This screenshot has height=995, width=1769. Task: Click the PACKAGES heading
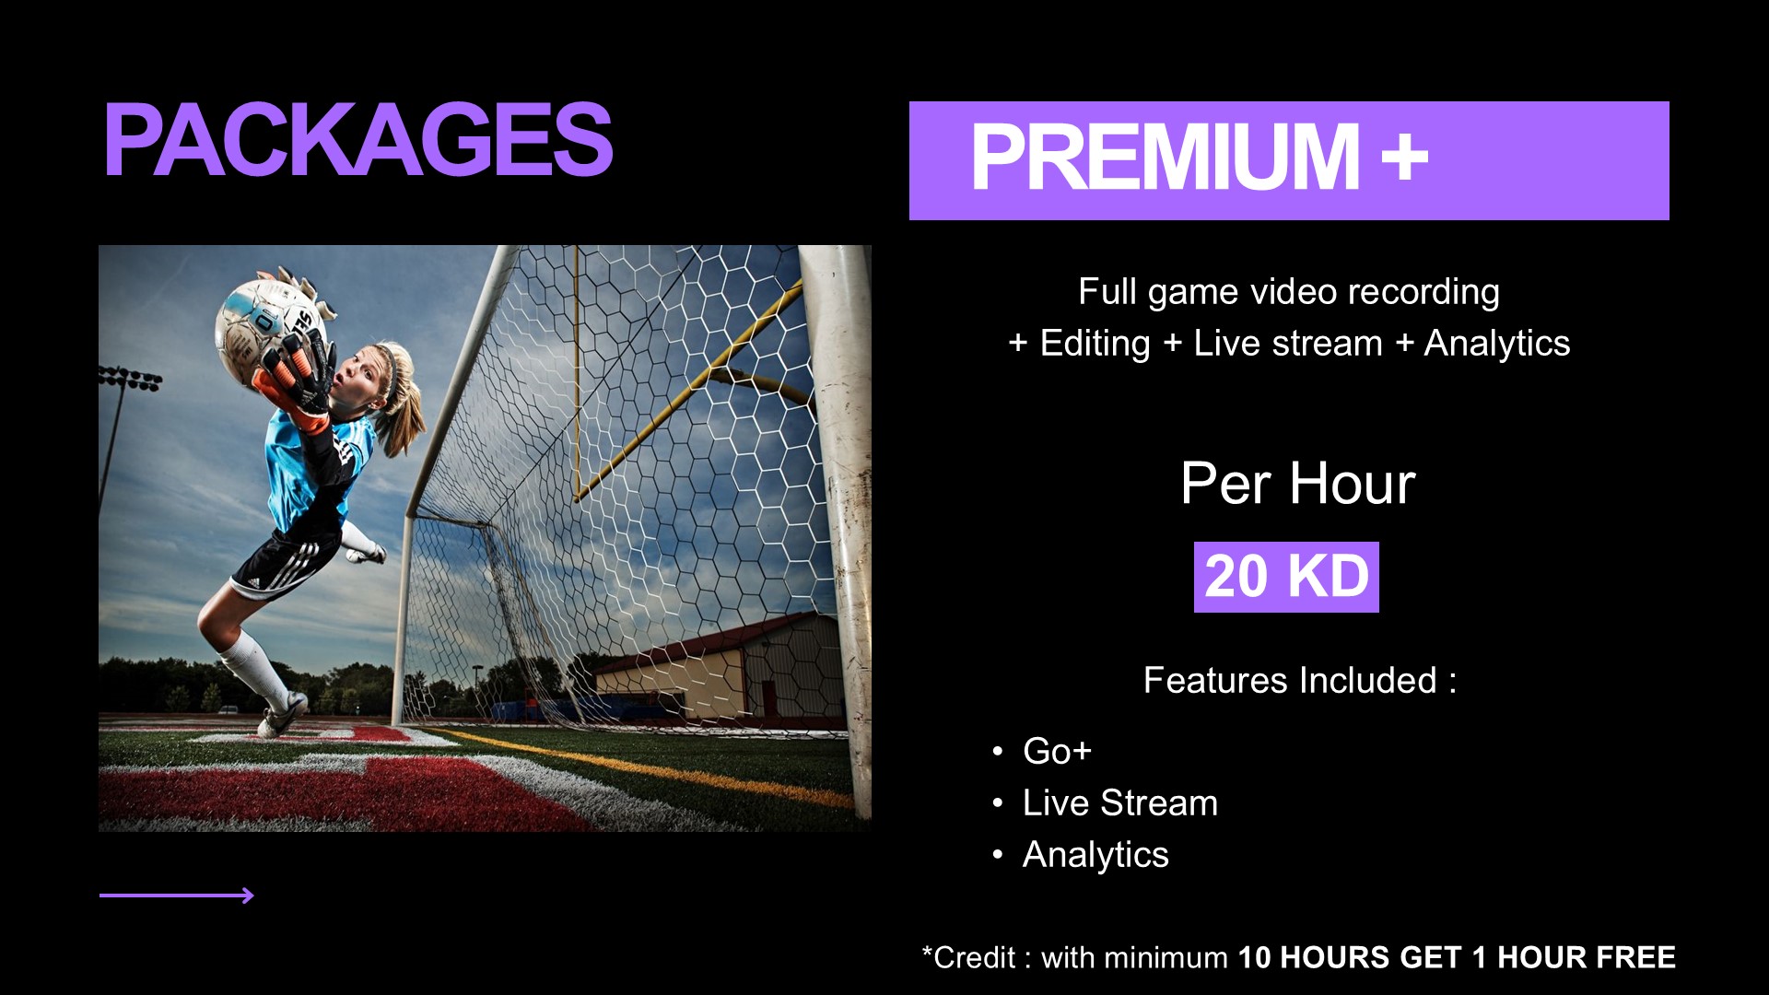[x=357, y=139]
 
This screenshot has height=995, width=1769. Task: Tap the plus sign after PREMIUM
[x=1405, y=157]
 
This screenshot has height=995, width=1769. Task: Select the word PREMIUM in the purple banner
[x=1166, y=158]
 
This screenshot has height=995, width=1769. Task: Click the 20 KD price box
[x=1286, y=577]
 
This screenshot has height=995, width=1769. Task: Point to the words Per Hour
[x=1297, y=484]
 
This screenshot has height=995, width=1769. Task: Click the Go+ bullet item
[x=1057, y=751]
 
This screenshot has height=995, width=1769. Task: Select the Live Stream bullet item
[x=1120, y=802]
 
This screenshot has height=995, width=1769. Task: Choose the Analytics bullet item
[x=1095, y=855]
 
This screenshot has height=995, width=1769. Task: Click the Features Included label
[x=1299, y=680]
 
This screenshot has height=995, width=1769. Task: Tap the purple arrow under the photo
[x=176, y=895]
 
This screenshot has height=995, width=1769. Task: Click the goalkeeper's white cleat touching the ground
[x=283, y=715]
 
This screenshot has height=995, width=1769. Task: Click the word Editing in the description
[x=1095, y=345]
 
